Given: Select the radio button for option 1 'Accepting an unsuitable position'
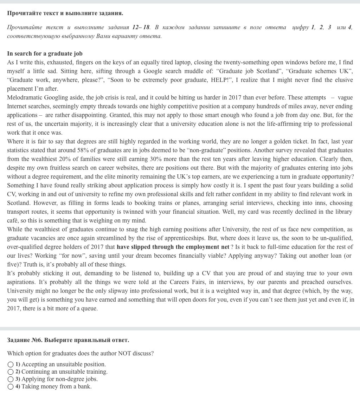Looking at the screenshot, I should click(11, 365).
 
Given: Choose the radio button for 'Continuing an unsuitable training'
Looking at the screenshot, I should click(11, 372).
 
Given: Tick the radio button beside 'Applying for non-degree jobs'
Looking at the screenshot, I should click(11, 379).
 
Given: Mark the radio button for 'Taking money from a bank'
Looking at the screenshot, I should click(11, 387).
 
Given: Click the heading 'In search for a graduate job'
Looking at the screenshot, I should click(45, 54).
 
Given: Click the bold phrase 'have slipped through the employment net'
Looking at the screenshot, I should click(173, 247).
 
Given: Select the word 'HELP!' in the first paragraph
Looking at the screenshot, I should click(220, 80).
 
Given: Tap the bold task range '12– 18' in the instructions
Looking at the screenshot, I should click(141, 27).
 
